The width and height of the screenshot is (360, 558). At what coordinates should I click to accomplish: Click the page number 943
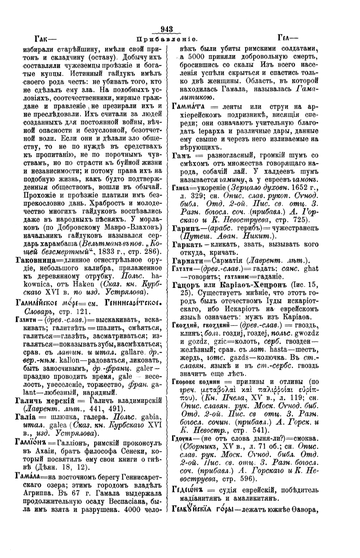[167, 29]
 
